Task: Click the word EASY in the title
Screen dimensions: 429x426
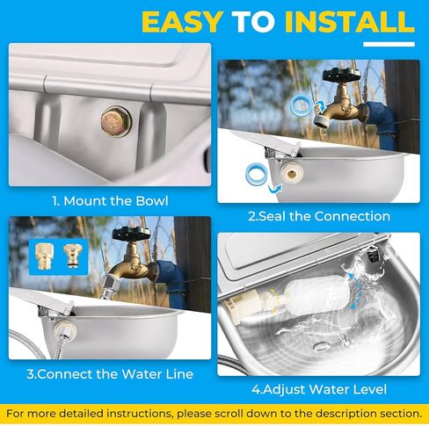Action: point(182,22)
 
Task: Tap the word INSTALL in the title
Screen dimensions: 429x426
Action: point(350,22)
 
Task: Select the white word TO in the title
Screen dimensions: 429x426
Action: point(253,22)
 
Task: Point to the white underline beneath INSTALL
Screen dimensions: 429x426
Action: point(389,44)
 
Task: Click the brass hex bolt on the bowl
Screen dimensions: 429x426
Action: point(116,121)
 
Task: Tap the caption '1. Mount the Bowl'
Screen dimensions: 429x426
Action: point(110,201)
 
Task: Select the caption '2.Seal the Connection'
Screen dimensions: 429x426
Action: point(319,216)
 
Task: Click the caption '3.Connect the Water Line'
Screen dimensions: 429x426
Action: point(110,374)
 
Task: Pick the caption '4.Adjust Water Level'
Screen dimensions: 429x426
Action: point(319,389)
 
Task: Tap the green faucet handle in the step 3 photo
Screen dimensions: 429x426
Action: point(131,233)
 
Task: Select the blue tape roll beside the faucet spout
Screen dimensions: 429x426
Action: point(301,106)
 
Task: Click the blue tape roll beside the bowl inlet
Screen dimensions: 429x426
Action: point(257,176)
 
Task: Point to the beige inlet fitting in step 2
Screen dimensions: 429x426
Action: point(292,174)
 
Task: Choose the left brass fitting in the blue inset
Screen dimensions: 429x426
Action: point(43,256)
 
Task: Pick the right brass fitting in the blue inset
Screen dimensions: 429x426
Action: point(72,256)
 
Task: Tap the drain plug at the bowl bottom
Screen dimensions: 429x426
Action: point(321,347)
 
